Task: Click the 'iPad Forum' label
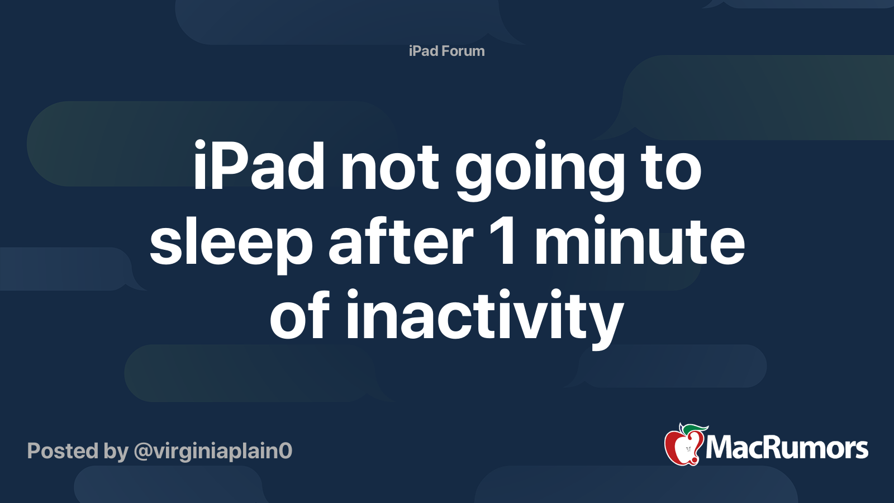tap(446, 51)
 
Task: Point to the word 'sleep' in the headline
tap(231, 244)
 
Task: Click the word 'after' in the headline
tap(401, 240)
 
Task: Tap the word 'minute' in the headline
tap(639, 240)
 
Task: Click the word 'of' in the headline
tap(300, 314)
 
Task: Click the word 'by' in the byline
tap(116, 453)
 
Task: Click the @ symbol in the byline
tap(143, 452)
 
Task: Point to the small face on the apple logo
tap(688, 449)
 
